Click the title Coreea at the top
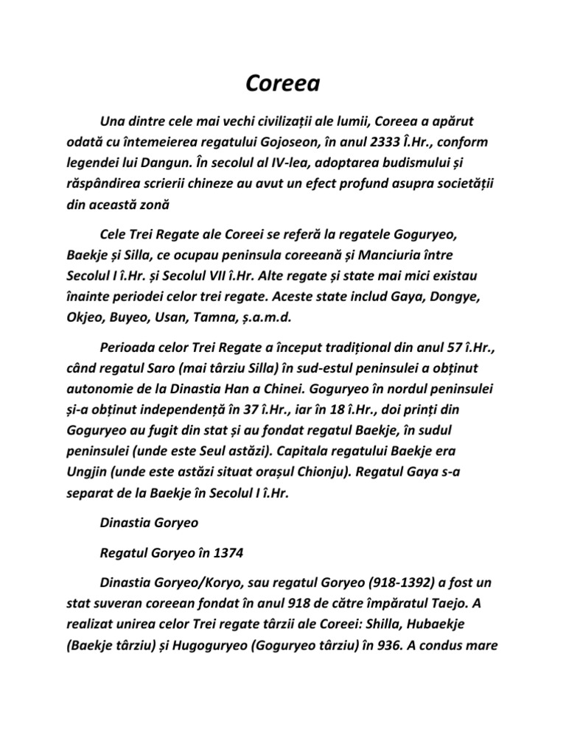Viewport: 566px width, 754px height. [x=283, y=84]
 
